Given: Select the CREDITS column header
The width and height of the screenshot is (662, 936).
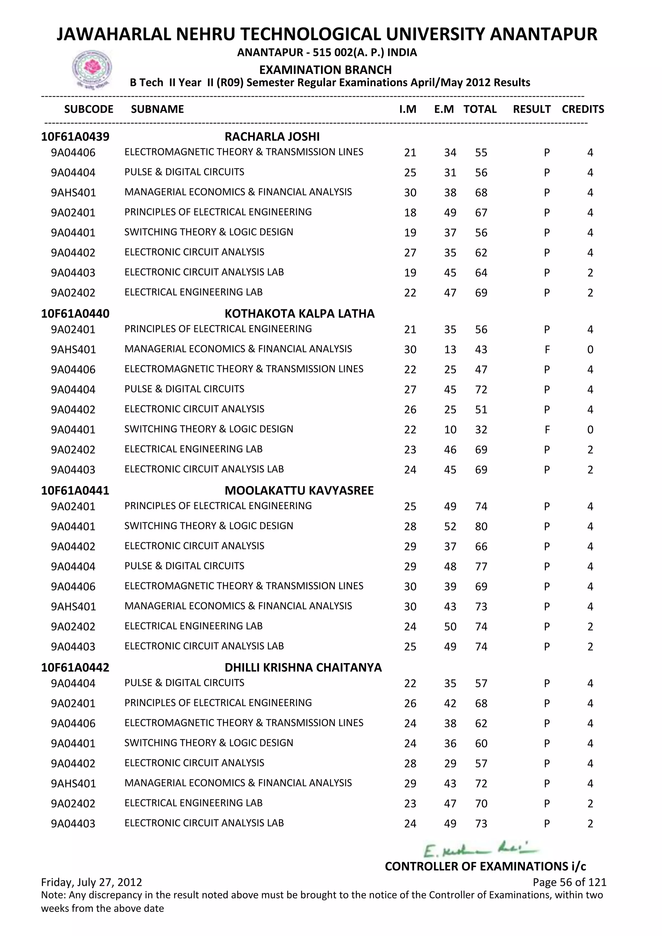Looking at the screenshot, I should coord(582,109).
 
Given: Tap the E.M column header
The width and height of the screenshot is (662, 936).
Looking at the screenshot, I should coord(443,109).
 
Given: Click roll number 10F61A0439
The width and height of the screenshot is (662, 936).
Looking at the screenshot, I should coord(75,137).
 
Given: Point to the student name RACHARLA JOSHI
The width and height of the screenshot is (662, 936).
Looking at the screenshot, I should coord(272,137).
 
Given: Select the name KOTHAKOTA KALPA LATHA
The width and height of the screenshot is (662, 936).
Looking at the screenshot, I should coord(299,314).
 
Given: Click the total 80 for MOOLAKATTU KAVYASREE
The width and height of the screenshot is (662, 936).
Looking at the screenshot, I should coord(481,526).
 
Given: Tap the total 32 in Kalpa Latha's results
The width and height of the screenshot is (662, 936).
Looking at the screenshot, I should coord(481,430).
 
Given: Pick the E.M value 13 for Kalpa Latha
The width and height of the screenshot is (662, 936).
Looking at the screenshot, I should coord(450,350).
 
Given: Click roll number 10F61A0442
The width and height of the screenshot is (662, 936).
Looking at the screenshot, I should coord(75,667).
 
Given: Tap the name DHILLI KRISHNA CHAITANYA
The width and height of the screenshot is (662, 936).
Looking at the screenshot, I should coord(303,667).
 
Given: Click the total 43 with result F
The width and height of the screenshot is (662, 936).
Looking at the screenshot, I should coord(481,350).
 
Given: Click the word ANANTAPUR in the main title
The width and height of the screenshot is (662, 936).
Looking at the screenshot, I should coord(543,34).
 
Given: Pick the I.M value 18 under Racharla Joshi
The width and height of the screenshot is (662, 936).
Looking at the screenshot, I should coord(410,213).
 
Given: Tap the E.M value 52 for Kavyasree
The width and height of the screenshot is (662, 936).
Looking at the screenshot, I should coord(450,526).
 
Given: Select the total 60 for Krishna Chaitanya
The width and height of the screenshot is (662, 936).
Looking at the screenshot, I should coord(481,743).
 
